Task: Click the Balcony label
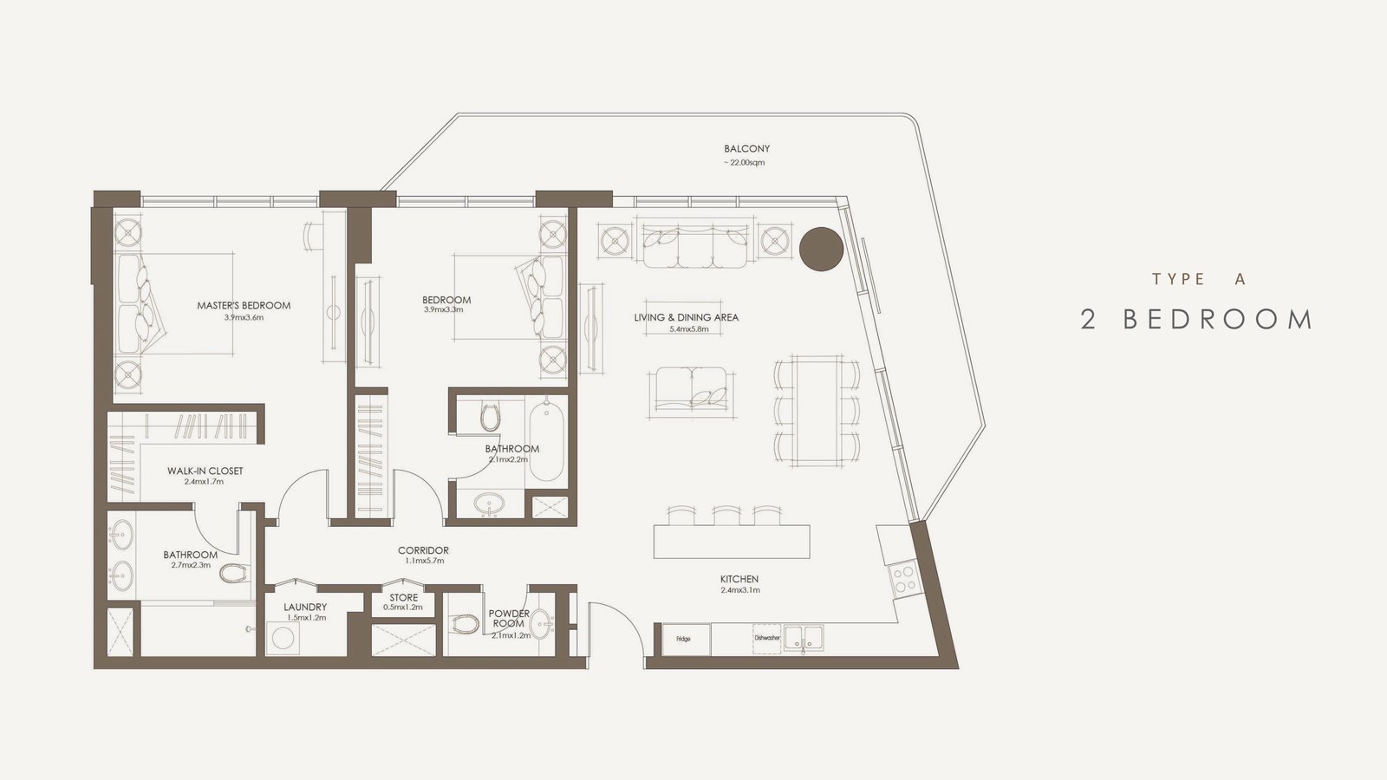point(746,148)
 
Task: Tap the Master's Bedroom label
point(244,305)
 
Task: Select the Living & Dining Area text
point(686,317)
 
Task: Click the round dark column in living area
point(821,249)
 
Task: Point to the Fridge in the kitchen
point(686,639)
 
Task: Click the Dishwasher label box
point(767,638)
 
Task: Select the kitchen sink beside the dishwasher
point(804,638)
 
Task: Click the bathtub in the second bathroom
point(547,441)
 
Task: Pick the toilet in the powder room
point(465,623)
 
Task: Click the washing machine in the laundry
point(283,638)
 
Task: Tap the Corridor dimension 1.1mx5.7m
point(424,562)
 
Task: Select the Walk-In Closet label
point(205,471)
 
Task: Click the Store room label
point(404,598)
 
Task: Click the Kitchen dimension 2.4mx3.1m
point(739,590)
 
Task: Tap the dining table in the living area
point(818,411)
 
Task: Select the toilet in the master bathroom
point(233,573)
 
